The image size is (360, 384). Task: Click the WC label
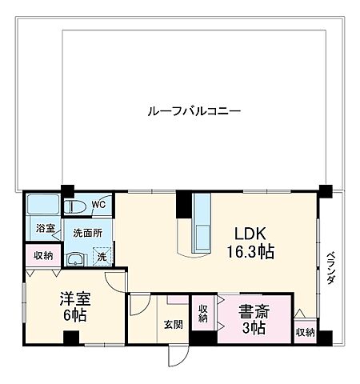[98, 205]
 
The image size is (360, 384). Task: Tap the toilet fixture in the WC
[76, 206]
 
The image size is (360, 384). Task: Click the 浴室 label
[46, 228]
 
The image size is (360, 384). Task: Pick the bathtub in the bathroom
[42, 205]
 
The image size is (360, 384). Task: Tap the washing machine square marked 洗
[102, 257]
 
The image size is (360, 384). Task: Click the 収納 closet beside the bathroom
[43, 256]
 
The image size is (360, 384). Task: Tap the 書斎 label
[254, 310]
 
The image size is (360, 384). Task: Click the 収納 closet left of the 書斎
[203, 313]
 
